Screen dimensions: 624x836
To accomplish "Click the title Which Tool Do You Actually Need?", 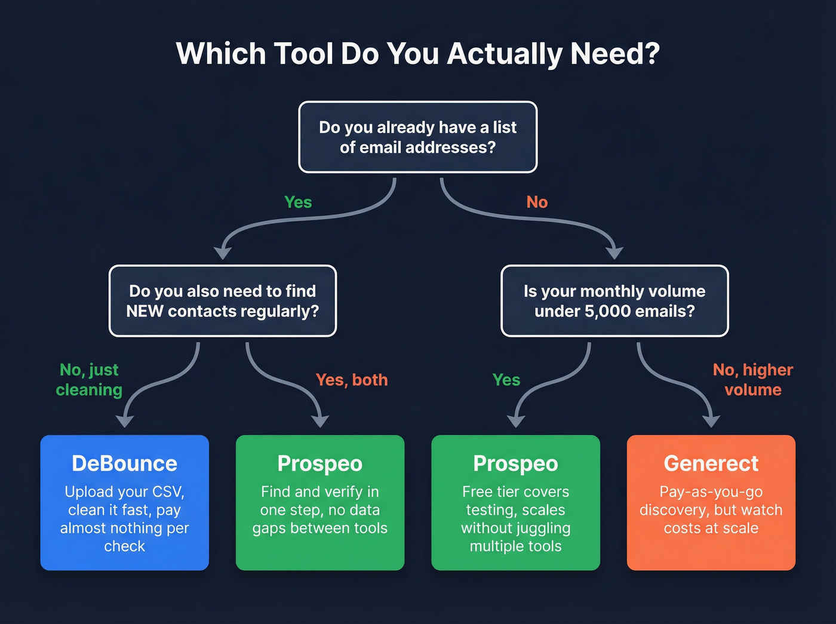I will pos(417,54).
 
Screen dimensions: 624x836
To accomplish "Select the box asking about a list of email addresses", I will pos(417,137).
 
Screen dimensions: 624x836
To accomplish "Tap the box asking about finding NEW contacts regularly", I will pos(222,301).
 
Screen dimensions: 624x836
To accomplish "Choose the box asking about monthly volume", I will pos(614,301).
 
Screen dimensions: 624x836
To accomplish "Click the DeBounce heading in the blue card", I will pos(124,463).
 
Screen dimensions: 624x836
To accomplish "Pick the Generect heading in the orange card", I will pos(711,463).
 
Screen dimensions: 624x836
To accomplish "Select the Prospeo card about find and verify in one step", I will pos(320,502).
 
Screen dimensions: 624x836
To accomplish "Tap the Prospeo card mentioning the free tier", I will pos(515,502).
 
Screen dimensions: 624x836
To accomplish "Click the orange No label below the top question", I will pos(537,202).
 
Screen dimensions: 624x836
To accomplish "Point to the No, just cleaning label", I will pos(89,380).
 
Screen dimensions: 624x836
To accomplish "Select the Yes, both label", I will pos(352,380).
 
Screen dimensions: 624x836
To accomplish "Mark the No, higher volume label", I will pos(753,380).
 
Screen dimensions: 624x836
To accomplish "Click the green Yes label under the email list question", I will pos(298,202).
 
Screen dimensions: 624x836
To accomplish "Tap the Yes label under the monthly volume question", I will pos(506,380).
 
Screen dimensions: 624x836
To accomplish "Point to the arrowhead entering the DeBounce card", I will pos(124,421).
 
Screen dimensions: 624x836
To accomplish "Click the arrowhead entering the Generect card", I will pos(711,421).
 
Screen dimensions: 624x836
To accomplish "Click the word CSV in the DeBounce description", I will pos(168,492).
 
